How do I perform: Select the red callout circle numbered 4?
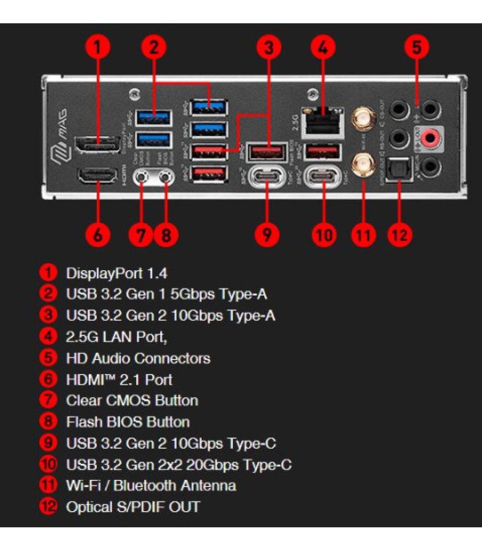[x=323, y=47]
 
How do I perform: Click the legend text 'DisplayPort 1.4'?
[x=116, y=273]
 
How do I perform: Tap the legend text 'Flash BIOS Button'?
[x=128, y=422]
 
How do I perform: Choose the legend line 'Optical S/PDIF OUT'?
[x=133, y=507]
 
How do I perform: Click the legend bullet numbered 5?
[x=48, y=358]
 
